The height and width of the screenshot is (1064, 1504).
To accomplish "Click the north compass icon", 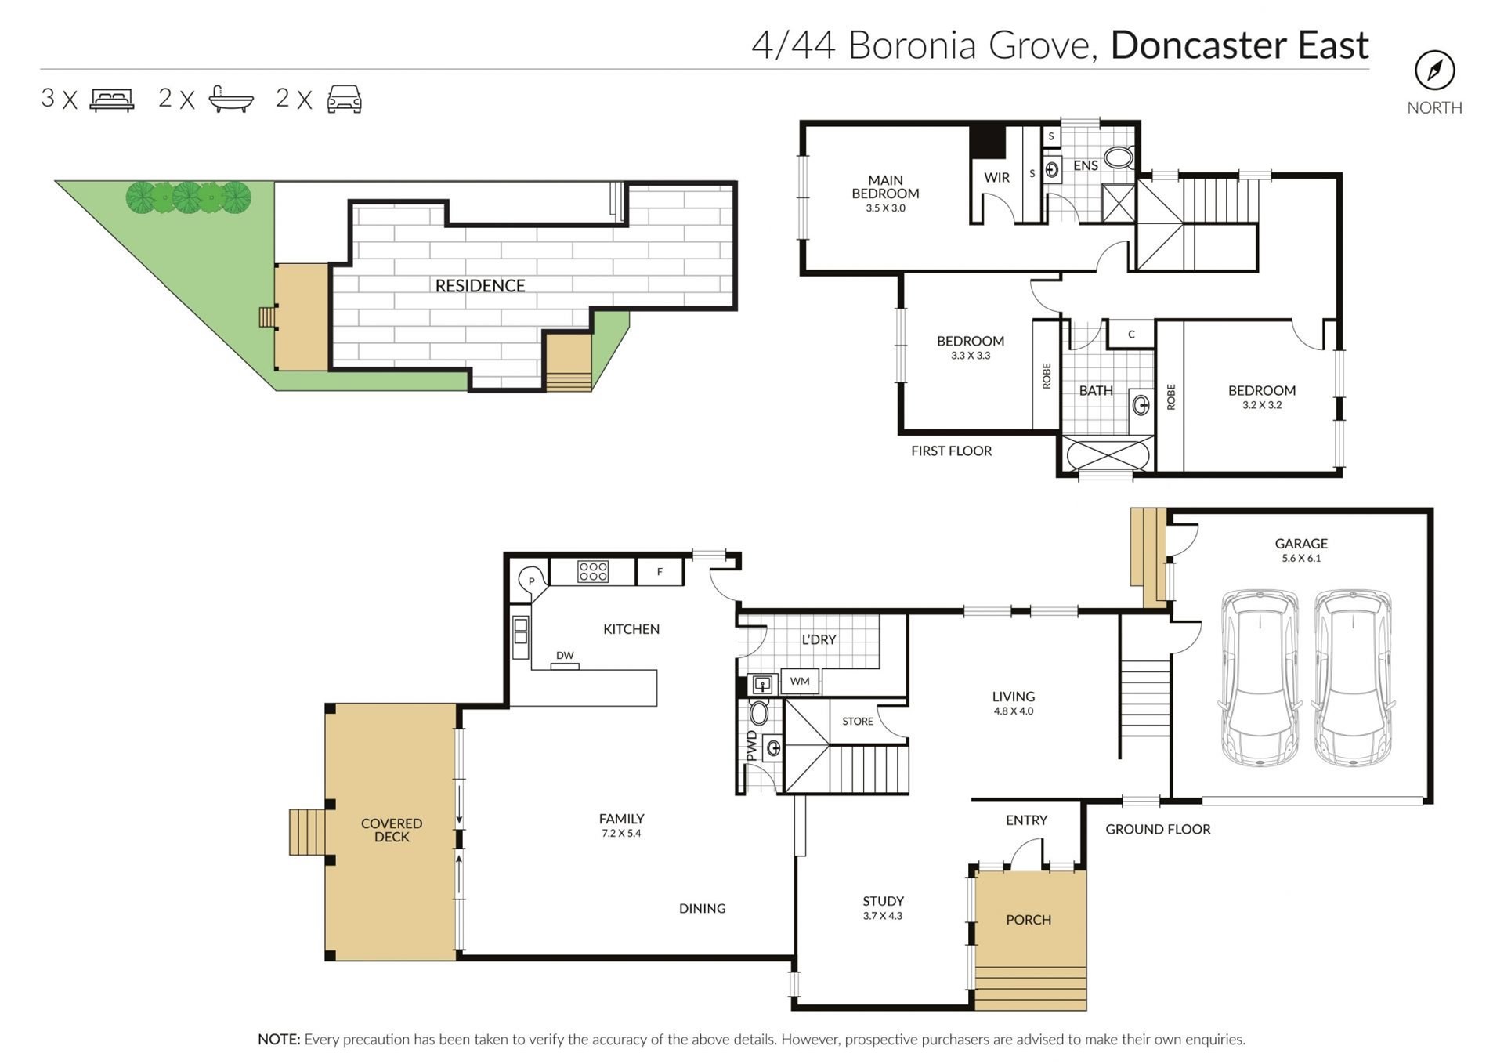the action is click(1434, 71).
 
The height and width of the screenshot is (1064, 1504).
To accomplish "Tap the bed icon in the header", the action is click(112, 100).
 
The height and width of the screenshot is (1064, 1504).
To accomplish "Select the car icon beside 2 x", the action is click(344, 100).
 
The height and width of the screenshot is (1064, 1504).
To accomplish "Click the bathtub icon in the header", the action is click(231, 100).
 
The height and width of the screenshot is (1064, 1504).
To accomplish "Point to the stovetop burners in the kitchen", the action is click(593, 571).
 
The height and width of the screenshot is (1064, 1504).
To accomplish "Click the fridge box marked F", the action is click(660, 572).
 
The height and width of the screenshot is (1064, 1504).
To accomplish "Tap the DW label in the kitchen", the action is click(565, 655).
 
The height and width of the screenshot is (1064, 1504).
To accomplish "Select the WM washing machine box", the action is click(800, 681).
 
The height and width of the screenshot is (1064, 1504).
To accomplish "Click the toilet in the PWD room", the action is click(758, 713).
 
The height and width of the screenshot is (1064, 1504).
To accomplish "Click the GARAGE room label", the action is click(1301, 543).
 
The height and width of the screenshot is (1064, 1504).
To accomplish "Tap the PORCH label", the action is click(1029, 920).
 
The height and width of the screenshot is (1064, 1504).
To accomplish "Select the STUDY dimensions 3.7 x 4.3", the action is click(883, 916).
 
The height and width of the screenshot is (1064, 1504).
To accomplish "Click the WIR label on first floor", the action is click(996, 178).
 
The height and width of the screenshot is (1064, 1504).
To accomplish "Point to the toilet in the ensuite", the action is click(1119, 157).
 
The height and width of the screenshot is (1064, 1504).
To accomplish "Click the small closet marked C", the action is click(1131, 335).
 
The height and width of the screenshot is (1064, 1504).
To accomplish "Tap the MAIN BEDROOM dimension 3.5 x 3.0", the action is click(885, 208).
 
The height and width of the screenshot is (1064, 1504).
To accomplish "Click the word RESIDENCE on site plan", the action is click(480, 286).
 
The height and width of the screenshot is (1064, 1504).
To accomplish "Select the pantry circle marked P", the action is click(532, 581).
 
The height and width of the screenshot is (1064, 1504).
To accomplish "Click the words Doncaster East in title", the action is click(1239, 45).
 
